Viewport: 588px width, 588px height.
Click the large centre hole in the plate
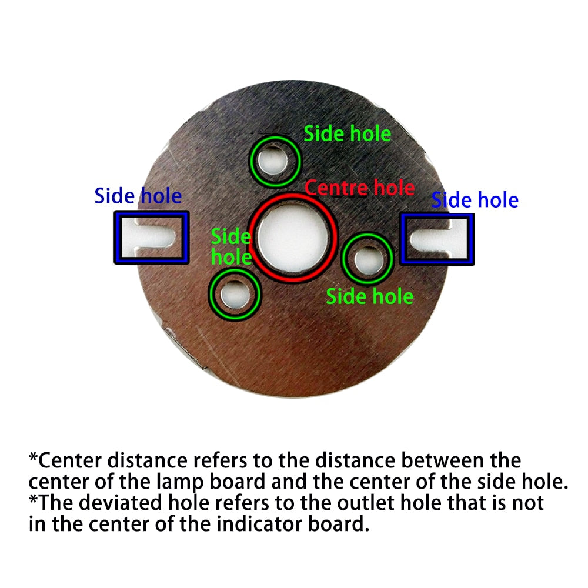tap(292, 238)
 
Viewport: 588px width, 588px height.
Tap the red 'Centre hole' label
tap(360, 188)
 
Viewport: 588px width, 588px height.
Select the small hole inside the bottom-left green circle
tap(234, 293)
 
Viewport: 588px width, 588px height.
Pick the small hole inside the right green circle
tap(367, 259)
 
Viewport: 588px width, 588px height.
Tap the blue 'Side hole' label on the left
tap(138, 196)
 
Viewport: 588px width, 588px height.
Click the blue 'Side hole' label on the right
tap(475, 200)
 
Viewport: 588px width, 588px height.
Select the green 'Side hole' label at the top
tap(347, 133)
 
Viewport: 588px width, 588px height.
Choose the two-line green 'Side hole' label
tap(231, 247)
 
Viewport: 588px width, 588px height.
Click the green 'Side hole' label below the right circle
tap(369, 296)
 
